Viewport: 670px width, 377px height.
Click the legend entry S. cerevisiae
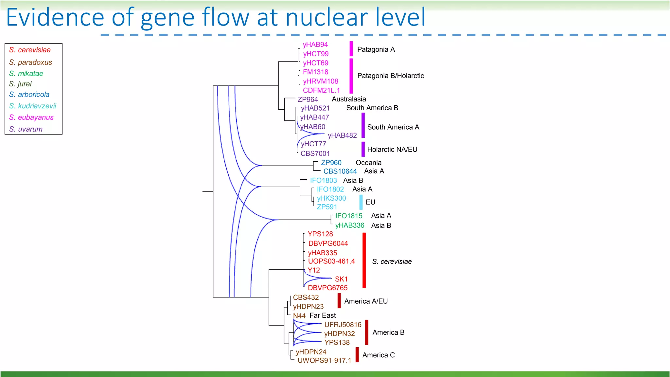[30, 50]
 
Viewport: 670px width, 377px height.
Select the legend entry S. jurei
[20, 84]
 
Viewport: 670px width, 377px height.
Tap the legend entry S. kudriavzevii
[33, 106]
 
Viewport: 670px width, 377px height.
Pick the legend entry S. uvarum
[26, 129]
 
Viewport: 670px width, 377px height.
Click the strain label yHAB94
[315, 45]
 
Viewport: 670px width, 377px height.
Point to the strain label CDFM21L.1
[321, 90]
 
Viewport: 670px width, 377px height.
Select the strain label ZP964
[308, 99]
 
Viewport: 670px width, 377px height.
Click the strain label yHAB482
[342, 135]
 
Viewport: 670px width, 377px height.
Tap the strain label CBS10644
[340, 171]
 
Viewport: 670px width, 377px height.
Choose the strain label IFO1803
[323, 181]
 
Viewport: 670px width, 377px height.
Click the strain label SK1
[341, 279]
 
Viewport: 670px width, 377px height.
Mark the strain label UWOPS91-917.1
[324, 361]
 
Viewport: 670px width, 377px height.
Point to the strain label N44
[299, 316]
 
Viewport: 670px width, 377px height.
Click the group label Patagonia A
[376, 49]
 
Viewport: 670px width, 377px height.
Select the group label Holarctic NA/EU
[392, 150]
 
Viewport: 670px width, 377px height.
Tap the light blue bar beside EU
[361, 202]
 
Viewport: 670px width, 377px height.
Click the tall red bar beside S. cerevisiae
[364, 260]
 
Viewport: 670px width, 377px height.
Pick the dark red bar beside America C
[357, 355]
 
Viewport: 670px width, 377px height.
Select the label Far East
[323, 315]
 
